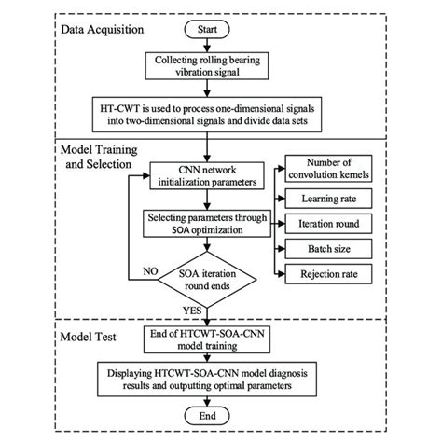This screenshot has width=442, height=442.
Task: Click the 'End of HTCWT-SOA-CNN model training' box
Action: point(210,339)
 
